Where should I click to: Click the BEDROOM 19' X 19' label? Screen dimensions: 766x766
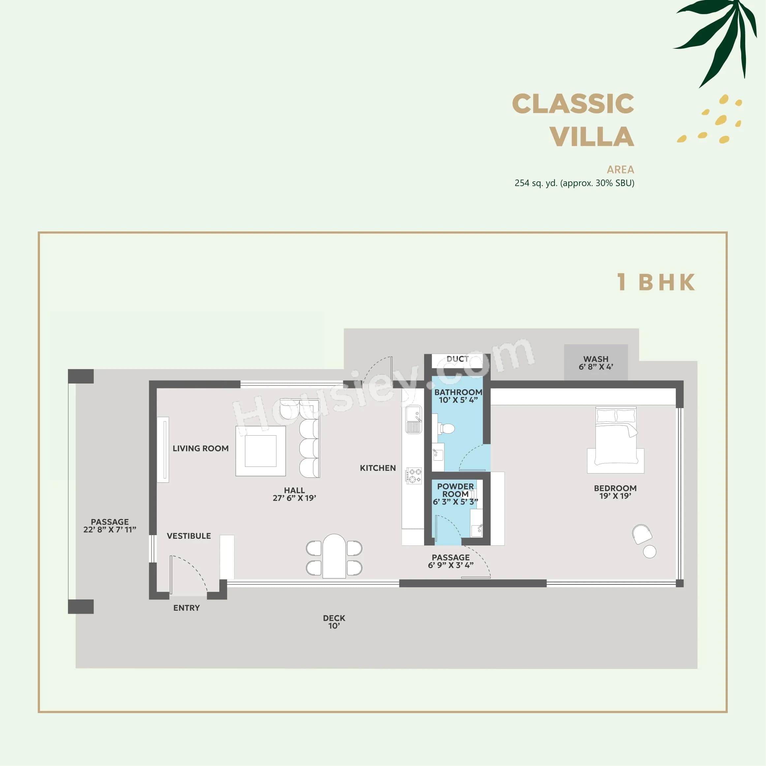(615, 492)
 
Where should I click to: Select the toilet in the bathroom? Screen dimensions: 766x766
(447, 428)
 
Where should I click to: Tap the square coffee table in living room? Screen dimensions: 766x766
(260, 451)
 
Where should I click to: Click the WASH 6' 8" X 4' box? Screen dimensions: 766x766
(596, 362)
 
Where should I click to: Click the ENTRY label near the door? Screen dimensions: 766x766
(186, 608)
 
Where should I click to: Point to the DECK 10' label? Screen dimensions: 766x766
(334, 622)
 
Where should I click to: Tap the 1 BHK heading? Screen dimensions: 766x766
(656, 282)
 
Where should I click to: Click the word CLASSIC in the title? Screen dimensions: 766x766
(572, 104)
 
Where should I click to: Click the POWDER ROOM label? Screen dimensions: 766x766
(455, 490)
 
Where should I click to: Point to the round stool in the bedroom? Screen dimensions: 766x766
(650, 552)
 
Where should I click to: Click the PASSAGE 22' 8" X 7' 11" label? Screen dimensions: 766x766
(110, 525)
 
